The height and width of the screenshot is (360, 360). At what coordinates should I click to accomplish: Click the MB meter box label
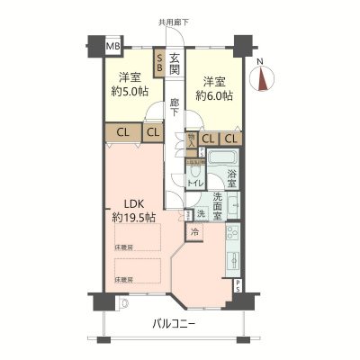coord(112,46)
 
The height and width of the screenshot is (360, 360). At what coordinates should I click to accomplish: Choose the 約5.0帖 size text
coord(130,91)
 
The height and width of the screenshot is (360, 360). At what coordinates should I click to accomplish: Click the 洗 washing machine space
coord(200,214)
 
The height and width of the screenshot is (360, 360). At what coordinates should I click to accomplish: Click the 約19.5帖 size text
coord(132,218)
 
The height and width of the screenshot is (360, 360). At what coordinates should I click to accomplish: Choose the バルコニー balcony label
coord(171,324)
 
